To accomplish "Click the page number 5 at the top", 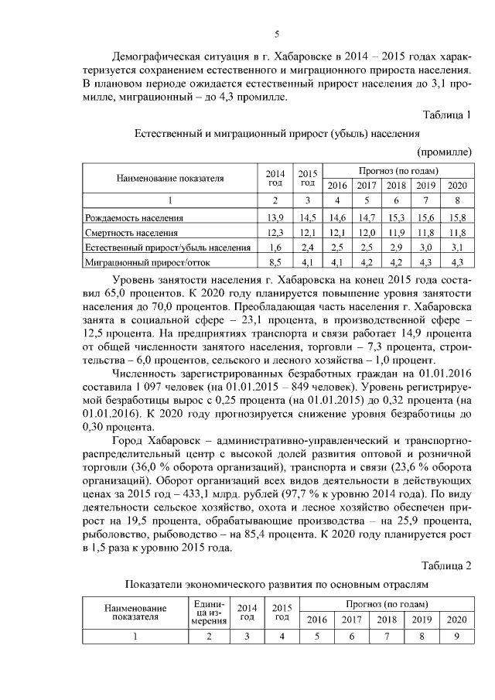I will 276,33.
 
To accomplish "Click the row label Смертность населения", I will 131,232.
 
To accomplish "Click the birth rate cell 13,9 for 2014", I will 275,217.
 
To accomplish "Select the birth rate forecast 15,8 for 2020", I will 457,217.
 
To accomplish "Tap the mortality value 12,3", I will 275,232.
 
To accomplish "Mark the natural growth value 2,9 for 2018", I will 396,247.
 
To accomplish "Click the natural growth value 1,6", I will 275,247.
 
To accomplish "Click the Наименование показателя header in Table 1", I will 170,178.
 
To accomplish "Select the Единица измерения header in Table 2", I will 207,612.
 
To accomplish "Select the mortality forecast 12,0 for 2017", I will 367,232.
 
